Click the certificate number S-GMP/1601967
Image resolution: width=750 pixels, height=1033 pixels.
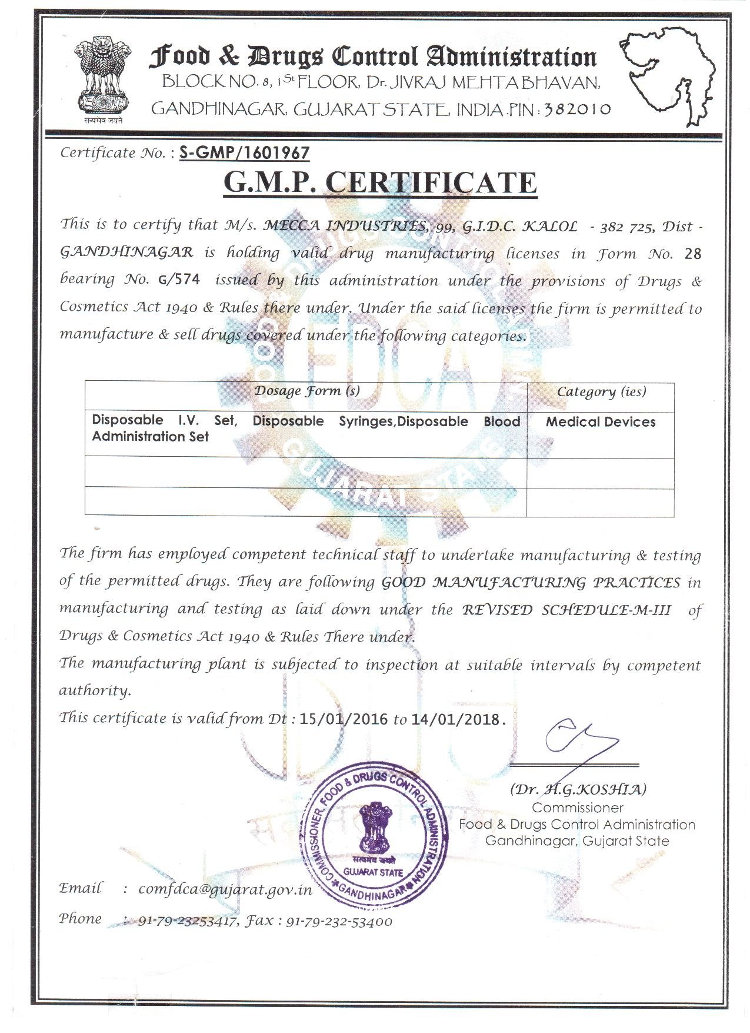coord(244,153)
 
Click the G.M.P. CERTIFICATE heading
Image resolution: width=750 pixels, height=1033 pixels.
coord(380,182)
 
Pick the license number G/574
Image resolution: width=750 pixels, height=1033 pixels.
coord(179,280)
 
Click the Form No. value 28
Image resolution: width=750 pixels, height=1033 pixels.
coord(694,254)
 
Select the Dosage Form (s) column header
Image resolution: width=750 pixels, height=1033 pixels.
coord(307,391)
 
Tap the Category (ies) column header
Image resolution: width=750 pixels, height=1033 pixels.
coord(601,391)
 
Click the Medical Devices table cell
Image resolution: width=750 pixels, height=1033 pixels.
coord(601,421)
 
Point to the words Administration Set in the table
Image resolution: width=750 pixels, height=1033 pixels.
coord(151,437)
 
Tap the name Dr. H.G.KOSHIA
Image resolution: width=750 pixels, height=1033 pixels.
coord(578,789)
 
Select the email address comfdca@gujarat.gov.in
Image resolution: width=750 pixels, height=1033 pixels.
coord(225,889)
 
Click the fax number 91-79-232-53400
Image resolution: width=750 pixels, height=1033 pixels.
coord(339,922)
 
